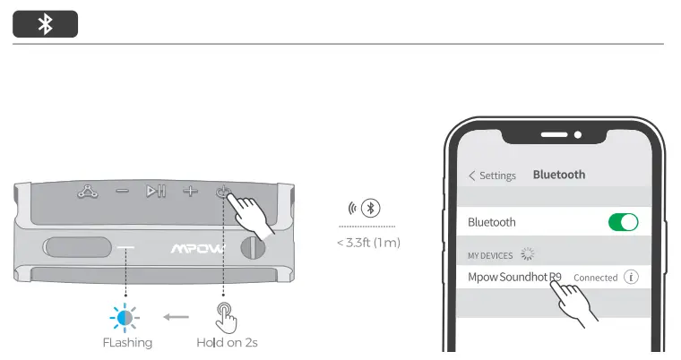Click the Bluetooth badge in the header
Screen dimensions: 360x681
(x=45, y=25)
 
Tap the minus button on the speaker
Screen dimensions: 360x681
(x=122, y=191)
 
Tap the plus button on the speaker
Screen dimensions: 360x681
(x=189, y=191)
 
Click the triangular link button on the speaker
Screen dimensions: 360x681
(x=88, y=191)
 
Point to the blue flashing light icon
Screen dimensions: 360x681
(x=125, y=316)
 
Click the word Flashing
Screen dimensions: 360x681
(x=126, y=342)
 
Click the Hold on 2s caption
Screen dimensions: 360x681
(x=228, y=342)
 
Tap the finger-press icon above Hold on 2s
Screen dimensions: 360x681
(x=225, y=315)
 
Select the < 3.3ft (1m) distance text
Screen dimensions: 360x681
(x=367, y=243)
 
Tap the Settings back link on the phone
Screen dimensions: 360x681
(x=492, y=176)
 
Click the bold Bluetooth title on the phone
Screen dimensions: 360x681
(x=558, y=175)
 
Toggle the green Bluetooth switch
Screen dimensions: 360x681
(x=623, y=222)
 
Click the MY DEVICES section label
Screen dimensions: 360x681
(x=490, y=255)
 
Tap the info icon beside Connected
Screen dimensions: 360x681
(x=631, y=278)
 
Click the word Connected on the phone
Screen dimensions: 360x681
(x=595, y=278)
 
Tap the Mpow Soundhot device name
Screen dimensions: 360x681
(x=514, y=277)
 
